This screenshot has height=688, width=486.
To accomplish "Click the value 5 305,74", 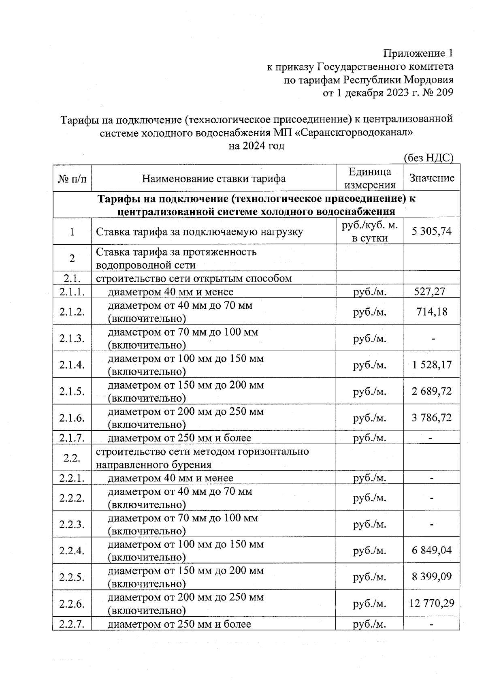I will [x=432, y=231].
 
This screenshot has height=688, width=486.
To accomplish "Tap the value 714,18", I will [x=432, y=312].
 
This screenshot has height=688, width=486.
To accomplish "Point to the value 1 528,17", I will [x=432, y=365].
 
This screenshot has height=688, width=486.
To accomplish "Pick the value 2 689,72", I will [x=432, y=391].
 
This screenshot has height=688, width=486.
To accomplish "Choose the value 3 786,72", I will [x=432, y=418].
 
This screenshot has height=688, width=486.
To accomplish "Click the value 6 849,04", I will [x=432, y=550].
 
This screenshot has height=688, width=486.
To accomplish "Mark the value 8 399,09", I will [x=432, y=577].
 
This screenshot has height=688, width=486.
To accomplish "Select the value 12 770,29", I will [x=432, y=603].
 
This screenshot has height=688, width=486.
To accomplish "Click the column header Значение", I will [x=432, y=178].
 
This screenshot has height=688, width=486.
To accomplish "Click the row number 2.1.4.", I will [x=72, y=365].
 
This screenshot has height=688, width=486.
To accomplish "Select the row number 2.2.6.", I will [x=72, y=604].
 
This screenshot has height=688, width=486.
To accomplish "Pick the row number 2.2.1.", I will [x=72, y=478].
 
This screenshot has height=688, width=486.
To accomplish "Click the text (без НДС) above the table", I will [x=428, y=158].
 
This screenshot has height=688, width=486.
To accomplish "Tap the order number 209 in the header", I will [x=445, y=93].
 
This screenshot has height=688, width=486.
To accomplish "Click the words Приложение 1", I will [x=418, y=53].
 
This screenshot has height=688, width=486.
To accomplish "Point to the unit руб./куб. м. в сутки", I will [x=369, y=231].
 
